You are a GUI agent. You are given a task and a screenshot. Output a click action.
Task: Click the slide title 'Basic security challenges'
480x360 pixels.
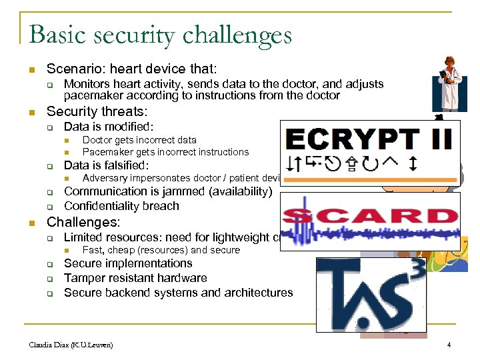pyautogui.click(x=161, y=34)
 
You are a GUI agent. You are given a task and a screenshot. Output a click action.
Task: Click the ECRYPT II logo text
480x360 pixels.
pyautogui.click(x=369, y=141)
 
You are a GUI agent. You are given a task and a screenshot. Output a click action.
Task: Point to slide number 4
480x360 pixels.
pyautogui.click(x=449, y=345)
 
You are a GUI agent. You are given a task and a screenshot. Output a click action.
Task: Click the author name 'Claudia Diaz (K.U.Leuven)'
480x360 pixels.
pyautogui.click(x=71, y=345)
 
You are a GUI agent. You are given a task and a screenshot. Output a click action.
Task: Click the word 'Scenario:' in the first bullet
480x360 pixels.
pyautogui.click(x=71, y=69)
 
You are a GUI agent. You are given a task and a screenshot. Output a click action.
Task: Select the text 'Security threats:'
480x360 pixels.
pyautogui.click(x=97, y=111)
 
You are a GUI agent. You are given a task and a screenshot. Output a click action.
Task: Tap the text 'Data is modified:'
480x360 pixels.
pyautogui.click(x=109, y=127)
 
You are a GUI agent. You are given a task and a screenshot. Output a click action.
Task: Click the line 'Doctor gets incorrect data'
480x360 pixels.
pyautogui.click(x=139, y=140)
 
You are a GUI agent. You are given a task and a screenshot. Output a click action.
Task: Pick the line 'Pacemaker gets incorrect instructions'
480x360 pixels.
pyautogui.click(x=165, y=152)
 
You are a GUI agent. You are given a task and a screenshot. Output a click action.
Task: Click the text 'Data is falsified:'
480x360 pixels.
pyautogui.click(x=106, y=165)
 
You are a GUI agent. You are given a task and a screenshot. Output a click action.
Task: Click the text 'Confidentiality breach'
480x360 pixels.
pyautogui.click(x=121, y=206)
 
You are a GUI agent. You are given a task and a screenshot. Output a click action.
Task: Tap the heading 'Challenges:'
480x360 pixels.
pyautogui.click(x=83, y=221)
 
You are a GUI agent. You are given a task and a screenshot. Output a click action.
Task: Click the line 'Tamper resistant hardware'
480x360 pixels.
pyautogui.click(x=135, y=278)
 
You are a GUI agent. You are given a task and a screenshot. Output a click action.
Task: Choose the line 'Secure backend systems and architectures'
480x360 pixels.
pyautogui.click(x=178, y=293)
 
